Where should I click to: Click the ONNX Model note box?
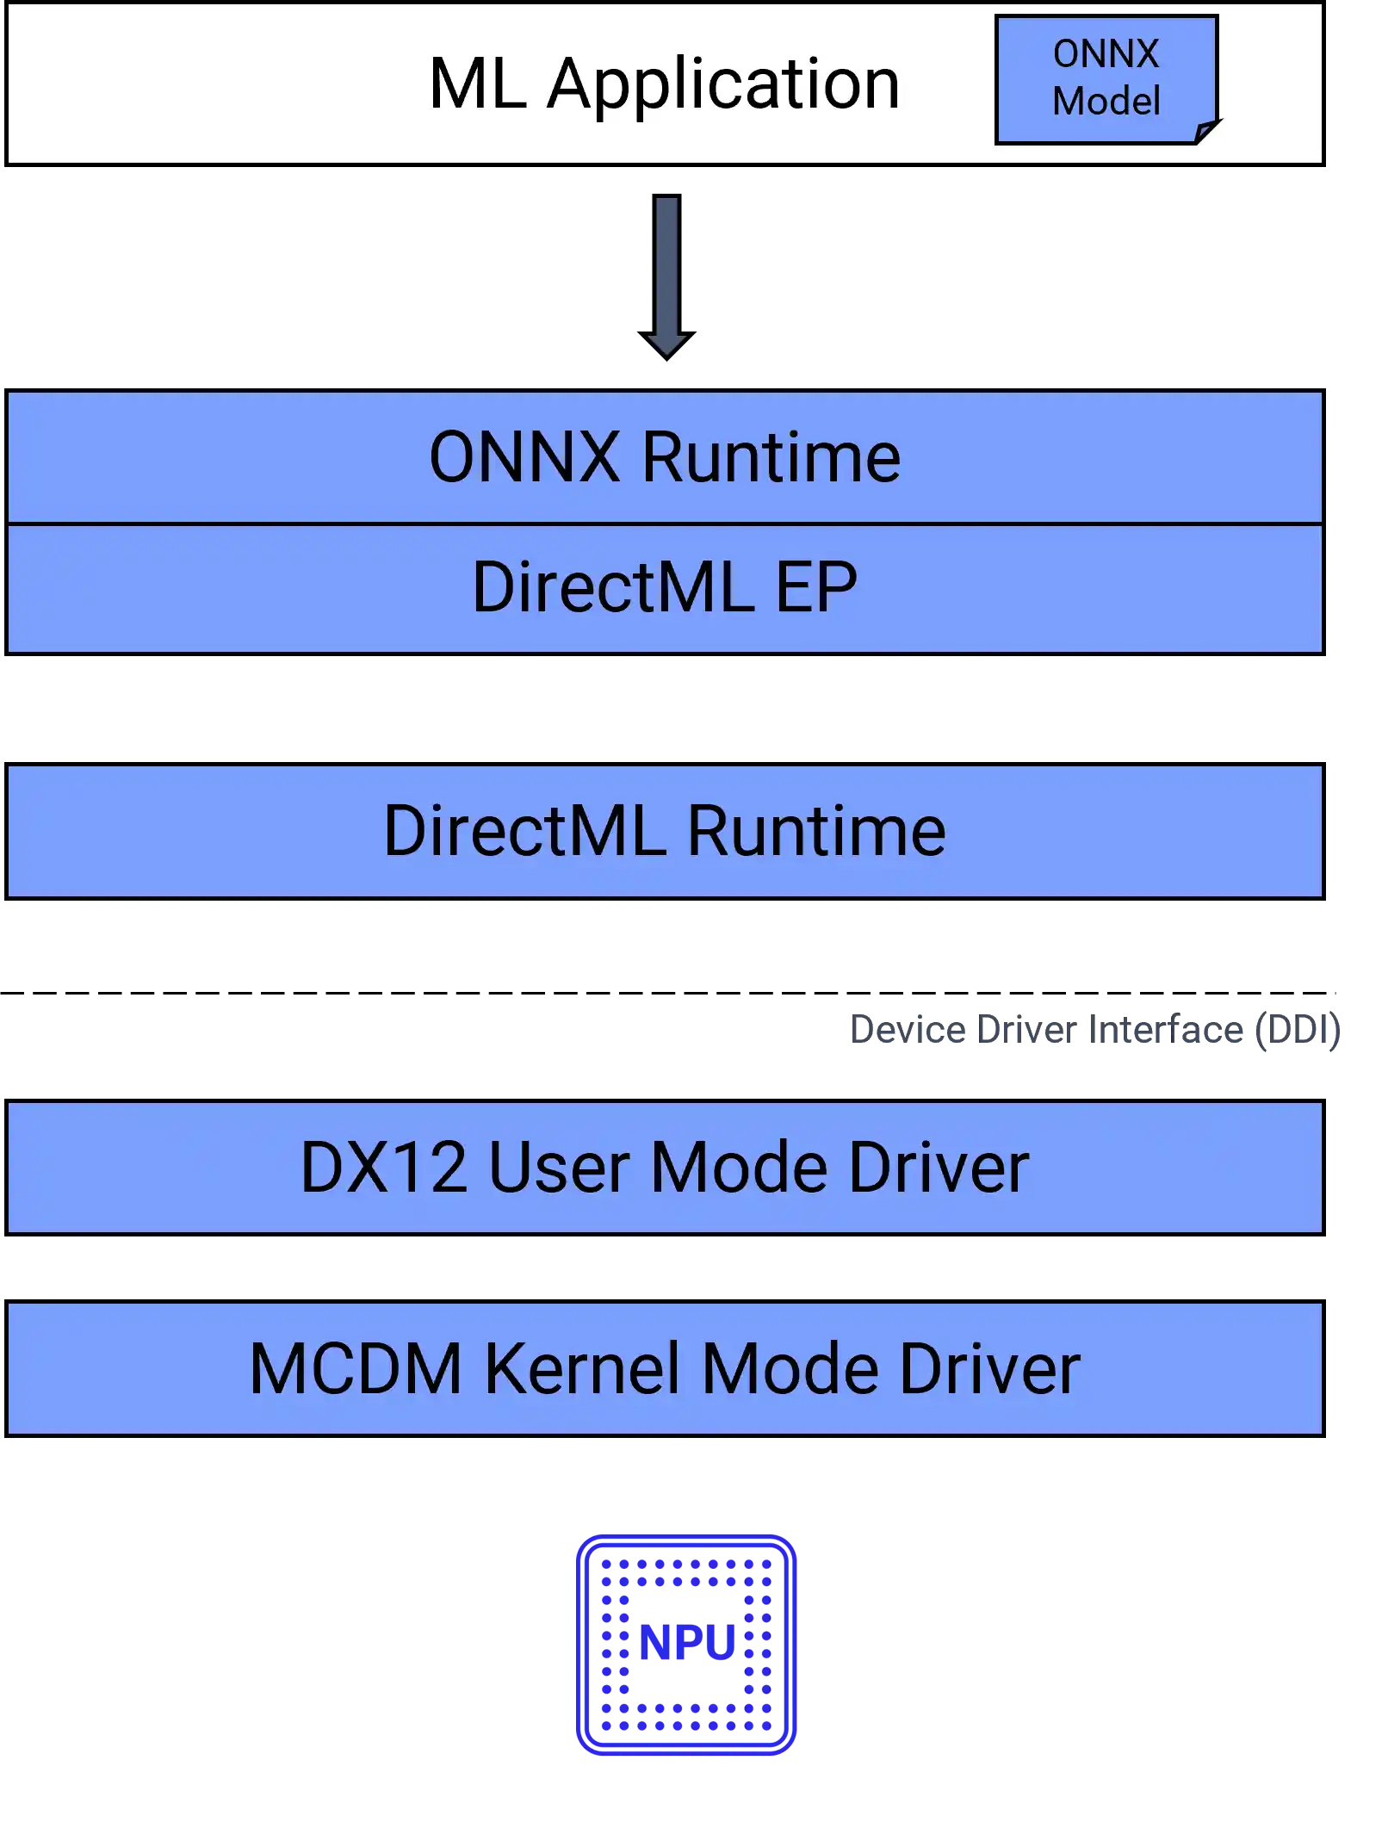(1106, 78)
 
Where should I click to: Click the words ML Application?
(664, 84)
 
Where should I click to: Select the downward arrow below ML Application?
(666, 276)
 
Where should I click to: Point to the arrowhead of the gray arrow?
(666, 344)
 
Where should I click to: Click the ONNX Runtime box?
(665, 457)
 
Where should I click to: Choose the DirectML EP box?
(665, 588)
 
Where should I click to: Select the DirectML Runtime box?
(665, 831)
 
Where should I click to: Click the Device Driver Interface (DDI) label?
(1094, 1030)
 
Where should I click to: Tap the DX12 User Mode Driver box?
(665, 1168)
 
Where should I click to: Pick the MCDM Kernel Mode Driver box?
(665, 1368)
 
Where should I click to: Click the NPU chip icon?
(686, 1645)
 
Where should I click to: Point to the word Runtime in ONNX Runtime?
(771, 457)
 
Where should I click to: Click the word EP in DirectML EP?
(816, 588)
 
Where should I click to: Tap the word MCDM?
(356, 1368)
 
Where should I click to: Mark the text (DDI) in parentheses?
(1298, 1030)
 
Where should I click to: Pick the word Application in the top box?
(723, 85)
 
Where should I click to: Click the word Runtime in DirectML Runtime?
(816, 831)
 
